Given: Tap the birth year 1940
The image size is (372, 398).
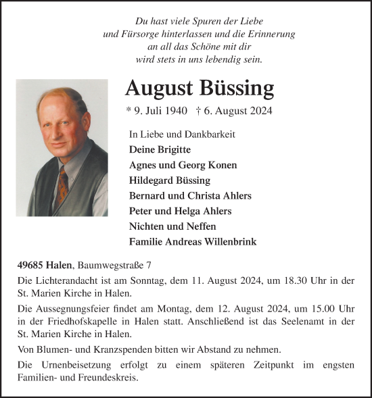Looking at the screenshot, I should coord(167,111).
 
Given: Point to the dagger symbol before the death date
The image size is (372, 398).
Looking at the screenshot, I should coord(197,111).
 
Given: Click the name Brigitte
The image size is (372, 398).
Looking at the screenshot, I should coord(173,149).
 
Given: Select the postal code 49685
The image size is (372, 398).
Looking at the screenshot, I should coord(32,264).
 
